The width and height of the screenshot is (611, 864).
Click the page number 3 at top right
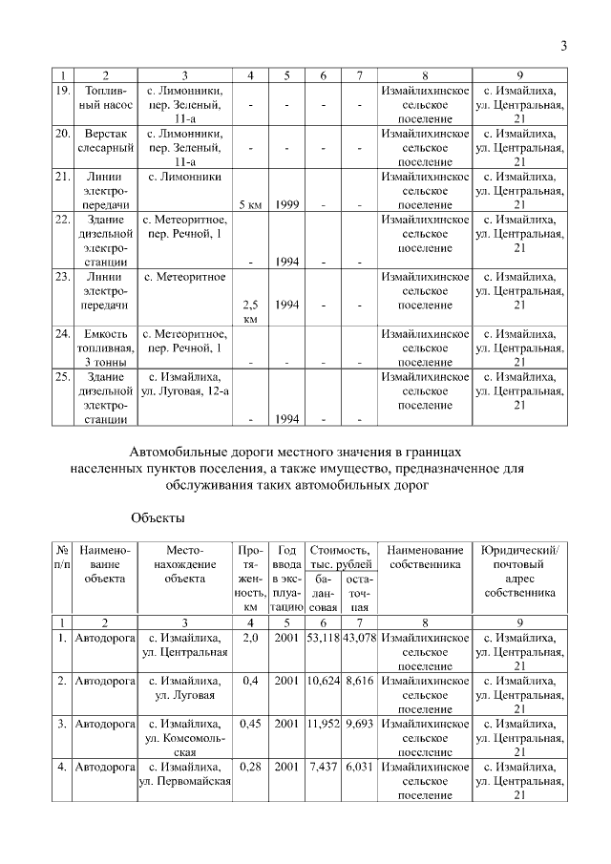click(x=563, y=46)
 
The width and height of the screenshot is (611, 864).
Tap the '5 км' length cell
click(x=250, y=204)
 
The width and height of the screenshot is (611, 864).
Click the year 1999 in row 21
click(x=286, y=204)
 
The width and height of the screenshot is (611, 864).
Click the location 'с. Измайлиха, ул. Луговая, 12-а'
click(x=185, y=384)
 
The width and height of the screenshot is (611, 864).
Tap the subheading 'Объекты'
click(x=157, y=517)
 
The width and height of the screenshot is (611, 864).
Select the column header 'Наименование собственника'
click(x=424, y=558)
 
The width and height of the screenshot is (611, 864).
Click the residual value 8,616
click(x=360, y=681)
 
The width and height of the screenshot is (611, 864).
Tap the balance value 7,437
click(x=324, y=767)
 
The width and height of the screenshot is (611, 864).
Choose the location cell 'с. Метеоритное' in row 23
click(x=185, y=277)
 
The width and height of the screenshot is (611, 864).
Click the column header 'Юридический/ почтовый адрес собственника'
click(x=520, y=571)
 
